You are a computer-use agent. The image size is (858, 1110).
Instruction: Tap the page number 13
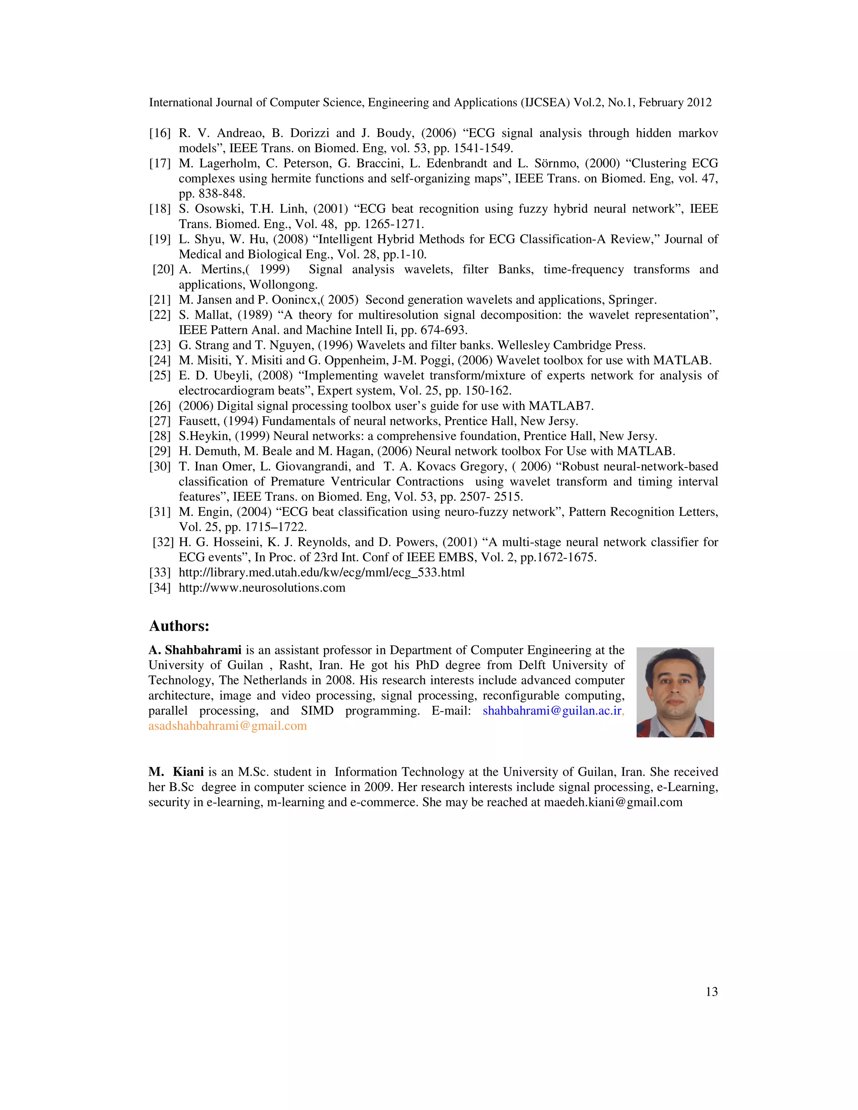click(712, 991)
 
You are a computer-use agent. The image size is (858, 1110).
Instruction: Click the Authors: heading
click(179, 626)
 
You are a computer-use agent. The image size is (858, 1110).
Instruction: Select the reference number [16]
click(160, 133)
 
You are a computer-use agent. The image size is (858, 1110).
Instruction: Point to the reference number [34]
click(160, 588)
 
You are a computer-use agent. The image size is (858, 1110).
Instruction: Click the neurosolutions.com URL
click(262, 588)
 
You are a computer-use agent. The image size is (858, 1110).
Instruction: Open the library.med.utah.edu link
click(321, 573)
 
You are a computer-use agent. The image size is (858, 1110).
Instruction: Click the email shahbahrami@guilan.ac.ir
click(552, 710)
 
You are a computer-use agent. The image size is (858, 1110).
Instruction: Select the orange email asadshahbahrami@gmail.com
click(228, 726)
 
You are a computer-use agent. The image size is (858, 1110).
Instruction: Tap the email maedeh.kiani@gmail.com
click(613, 802)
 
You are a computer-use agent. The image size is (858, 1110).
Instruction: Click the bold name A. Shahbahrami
click(195, 650)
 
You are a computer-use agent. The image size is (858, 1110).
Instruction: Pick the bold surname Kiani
click(188, 772)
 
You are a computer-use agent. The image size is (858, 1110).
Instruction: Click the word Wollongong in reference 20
click(283, 284)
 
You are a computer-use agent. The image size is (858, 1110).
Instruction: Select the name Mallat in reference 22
click(212, 315)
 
